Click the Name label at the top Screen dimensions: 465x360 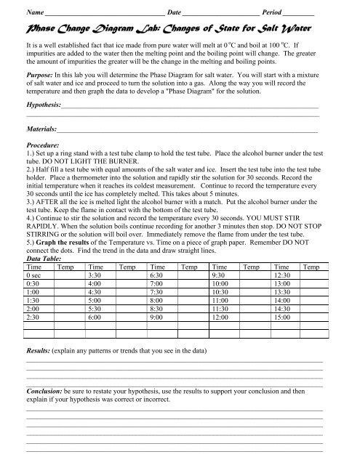pos(34,14)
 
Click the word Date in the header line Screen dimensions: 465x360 pos(175,14)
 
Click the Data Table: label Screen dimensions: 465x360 pos(44,257)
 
